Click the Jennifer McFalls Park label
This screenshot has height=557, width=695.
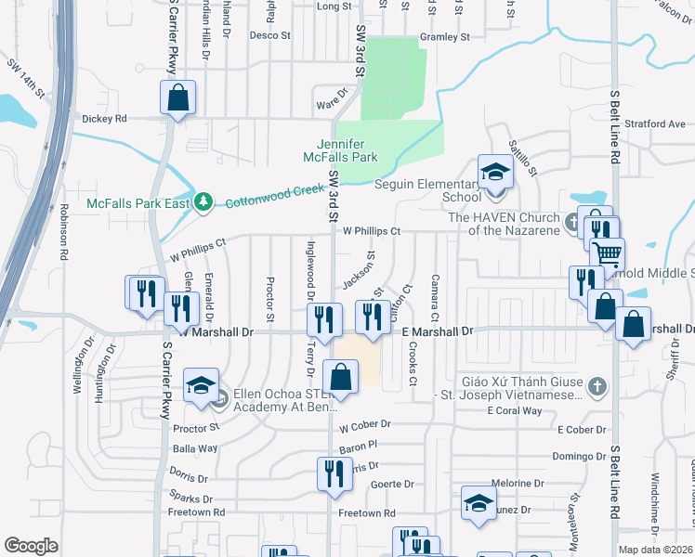pyautogui.click(x=347, y=150)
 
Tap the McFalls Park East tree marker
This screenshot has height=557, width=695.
pyautogui.click(x=204, y=202)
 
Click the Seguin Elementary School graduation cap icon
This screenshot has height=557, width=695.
pyautogui.click(x=495, y=172)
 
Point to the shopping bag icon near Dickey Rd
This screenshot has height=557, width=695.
pyautogui.click(x=177, y=97)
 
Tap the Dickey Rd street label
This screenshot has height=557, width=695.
pyautogui.click(x=104, y=119)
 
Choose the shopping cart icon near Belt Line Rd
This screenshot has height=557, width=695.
pyautogui.click(x=607, y=253)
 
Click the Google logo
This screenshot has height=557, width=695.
pyautogui.click(x=31, y=546)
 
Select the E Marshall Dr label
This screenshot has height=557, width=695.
pyautogui.click(x=437, y=330)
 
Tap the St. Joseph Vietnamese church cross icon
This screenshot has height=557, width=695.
pyautogui.click(x=597, y=384)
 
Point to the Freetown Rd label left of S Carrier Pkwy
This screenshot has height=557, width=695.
pyautogui.click(x=204, y=512)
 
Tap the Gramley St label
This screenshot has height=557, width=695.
pyautogui.click(x=445, y=37)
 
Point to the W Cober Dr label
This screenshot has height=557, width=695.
pyautogui.click(x=365, y=426)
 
